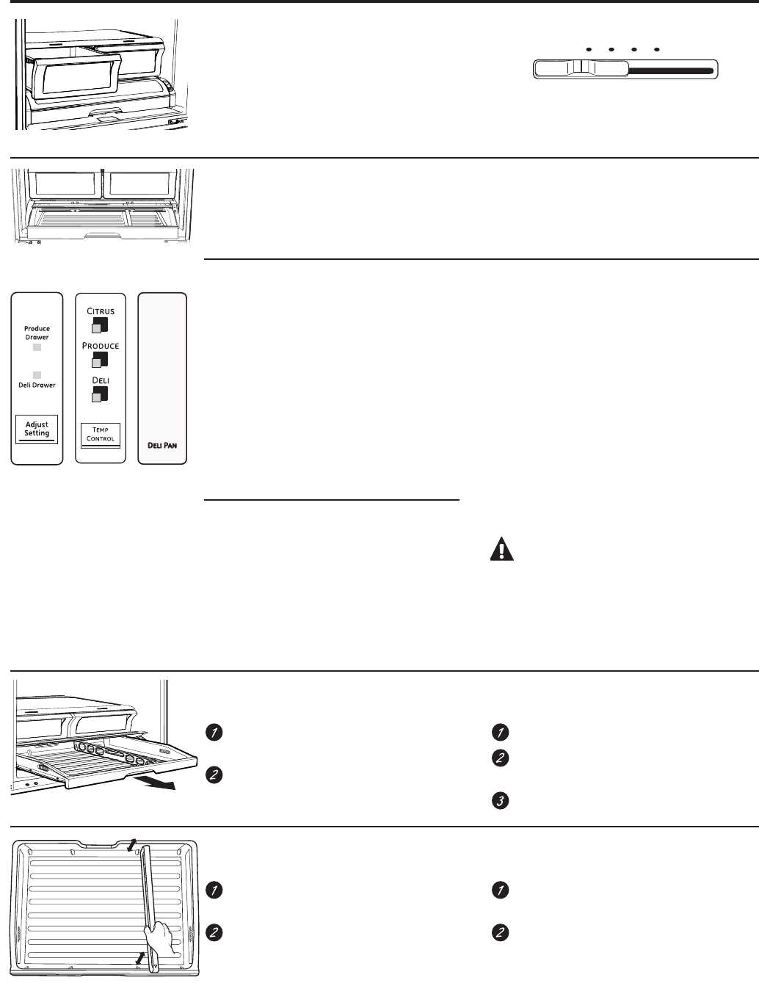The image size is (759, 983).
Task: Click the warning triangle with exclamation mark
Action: click(x=502, y=549)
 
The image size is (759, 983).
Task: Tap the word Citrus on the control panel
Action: click(x=101, y=311)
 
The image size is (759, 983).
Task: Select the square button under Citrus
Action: click(x=100, y=325)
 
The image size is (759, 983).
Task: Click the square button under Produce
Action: click(x=100, y=360)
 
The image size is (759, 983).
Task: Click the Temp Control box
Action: click(x=100, y=435)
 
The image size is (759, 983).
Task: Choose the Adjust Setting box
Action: click(x=37, y=429)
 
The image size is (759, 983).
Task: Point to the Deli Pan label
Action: click(x=162, y=445)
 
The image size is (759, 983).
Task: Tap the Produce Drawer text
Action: click(x=37, y=333)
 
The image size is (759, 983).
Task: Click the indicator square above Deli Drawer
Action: click(x=37, y=375)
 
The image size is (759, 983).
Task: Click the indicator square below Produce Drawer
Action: click(x=37, y=347)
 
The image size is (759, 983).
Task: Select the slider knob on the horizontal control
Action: click(x=581, y=69)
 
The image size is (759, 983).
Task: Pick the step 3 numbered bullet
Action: click(x=500, y=800)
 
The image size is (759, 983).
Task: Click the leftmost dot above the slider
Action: click(x=589, y=50)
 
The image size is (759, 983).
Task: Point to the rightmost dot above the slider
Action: click(x=657, y=50)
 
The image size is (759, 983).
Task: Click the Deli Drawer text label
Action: click(x=37, y=385)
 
